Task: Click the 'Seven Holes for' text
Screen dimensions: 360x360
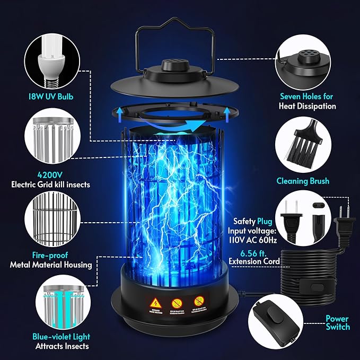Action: (308, 96)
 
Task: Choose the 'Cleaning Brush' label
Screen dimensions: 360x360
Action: (303, 181)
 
